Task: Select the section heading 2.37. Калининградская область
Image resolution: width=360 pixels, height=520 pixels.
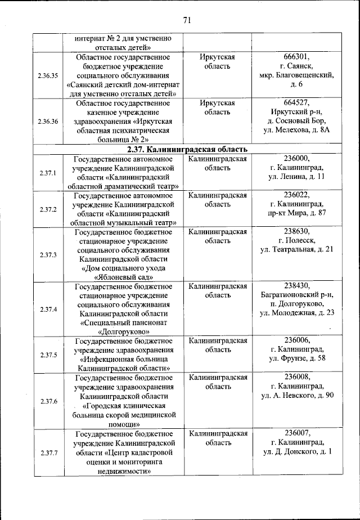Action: [x=186, y=149]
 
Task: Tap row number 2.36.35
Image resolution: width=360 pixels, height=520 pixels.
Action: [x=48, y=75]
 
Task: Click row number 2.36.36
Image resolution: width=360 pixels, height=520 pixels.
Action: [x=48, y=121]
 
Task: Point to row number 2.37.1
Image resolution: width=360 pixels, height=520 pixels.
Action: [x=48, y=173]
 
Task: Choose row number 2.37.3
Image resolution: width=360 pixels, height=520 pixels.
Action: [x=48, y=254]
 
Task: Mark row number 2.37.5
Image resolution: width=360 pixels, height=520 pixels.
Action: [x=48, y=355]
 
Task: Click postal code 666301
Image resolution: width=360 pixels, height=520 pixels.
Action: [x=297, y=57]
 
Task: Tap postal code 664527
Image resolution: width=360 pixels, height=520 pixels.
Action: [x=297, y=103]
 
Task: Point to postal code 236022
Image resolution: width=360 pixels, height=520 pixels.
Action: [x=297, y=194]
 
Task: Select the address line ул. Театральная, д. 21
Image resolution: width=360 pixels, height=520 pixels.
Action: [x=297, y=249]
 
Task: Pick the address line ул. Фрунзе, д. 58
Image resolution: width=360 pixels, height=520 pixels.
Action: [x=297, y=358]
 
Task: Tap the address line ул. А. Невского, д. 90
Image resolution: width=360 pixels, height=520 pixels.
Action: [x=297, y=395]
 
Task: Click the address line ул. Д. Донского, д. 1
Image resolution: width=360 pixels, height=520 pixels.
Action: [x=297, y=452]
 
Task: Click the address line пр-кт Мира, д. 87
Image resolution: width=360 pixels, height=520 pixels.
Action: [x=297, y=212]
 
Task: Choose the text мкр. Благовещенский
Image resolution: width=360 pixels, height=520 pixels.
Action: [x=297, y=75]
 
